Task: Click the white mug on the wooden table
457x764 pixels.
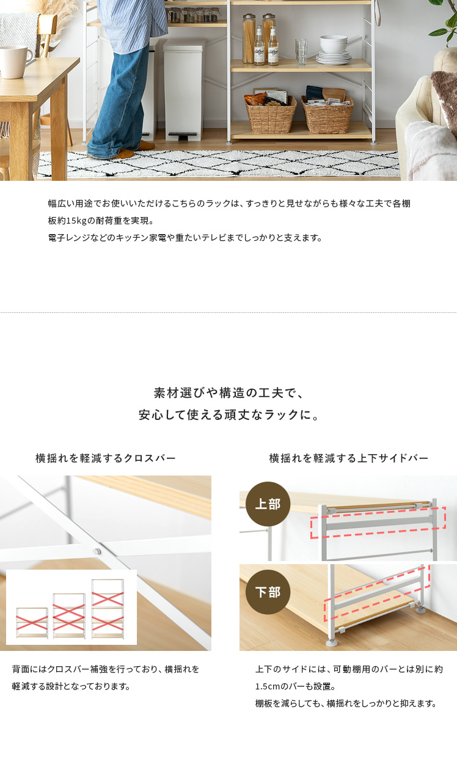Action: (15, 62)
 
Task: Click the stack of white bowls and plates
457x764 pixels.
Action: (334, 50)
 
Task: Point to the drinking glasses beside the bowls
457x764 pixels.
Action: (301, 51)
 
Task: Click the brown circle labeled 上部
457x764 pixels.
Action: (268, 504)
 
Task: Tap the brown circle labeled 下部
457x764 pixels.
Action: (268, 592)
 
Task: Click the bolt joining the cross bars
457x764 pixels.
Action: (97, 551)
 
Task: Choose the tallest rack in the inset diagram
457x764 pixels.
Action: (108, 609)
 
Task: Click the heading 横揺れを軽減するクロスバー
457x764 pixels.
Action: (105, 458)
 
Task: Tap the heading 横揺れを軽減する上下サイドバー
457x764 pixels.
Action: (348, 458)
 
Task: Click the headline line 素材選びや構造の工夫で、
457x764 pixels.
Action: (228, 393)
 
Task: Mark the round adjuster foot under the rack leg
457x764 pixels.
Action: (332, 643)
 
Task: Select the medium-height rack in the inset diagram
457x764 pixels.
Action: (69, 615)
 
